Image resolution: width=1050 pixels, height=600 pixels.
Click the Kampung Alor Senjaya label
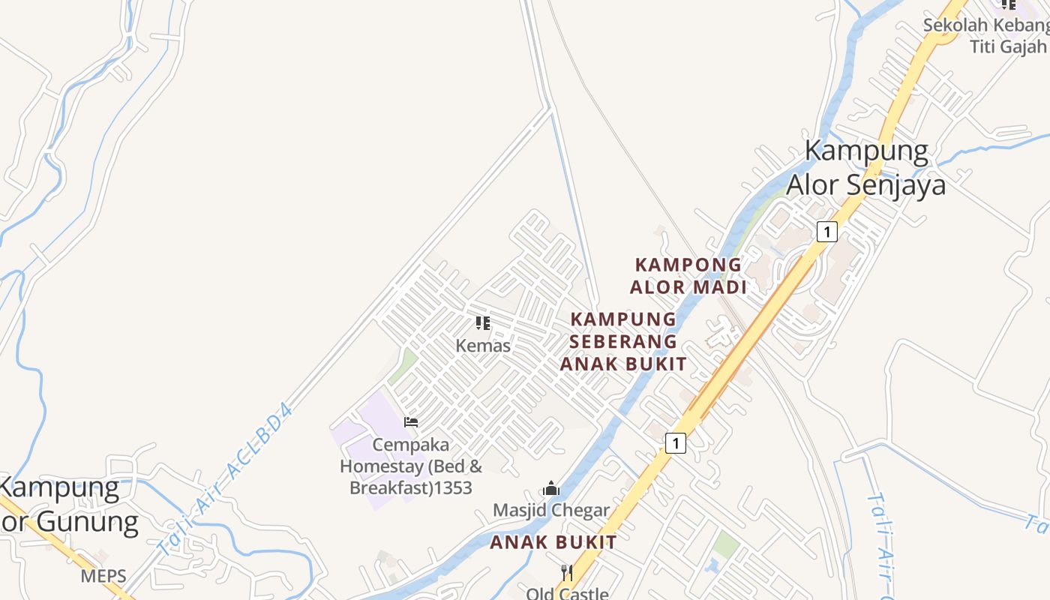[866, 167]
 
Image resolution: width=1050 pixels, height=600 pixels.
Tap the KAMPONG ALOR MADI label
[688, 275]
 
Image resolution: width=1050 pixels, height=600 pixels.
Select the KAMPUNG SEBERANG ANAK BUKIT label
[623, 341]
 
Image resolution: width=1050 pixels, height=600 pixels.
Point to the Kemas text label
[483, 346]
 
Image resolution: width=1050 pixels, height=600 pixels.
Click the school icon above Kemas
[483, 323]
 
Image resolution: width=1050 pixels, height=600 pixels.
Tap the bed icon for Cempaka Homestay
[411, 421]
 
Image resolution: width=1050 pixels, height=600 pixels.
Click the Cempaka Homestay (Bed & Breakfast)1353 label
[411, 466]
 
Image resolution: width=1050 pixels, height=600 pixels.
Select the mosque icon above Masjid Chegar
[551, 488]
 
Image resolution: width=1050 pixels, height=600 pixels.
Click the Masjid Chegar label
[551, 511]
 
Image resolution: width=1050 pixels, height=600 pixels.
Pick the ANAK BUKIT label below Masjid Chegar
[553, 542]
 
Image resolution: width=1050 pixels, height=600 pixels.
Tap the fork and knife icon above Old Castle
[567, 573]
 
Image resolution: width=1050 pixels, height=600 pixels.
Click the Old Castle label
[567, 593]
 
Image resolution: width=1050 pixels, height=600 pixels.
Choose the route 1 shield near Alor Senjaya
[826, 232]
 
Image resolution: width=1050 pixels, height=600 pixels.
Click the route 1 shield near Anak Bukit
[676, 443]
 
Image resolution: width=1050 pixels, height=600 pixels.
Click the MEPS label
[100, 576]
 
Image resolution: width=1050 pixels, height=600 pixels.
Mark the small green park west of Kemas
[403, 365]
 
